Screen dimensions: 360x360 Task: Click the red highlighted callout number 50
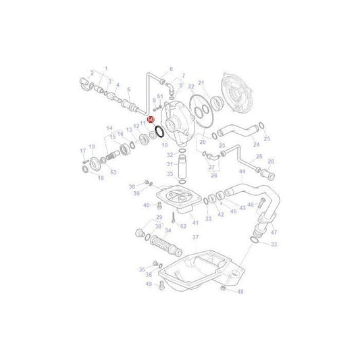point(151,119)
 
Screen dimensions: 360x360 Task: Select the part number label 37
point(196,237)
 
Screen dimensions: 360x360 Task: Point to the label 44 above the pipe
point(241,172)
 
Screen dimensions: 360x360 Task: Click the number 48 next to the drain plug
point(240,292)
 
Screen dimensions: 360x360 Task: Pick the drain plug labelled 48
point(223,288)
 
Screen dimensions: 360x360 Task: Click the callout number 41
point(195,222)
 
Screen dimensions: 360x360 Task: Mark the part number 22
point(191,86)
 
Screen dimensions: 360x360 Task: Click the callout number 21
point(201,82)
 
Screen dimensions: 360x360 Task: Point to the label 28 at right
point(271,162)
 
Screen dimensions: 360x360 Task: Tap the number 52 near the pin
point(183,226)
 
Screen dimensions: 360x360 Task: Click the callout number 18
point(101,178)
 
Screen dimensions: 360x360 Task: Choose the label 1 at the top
point(105,69)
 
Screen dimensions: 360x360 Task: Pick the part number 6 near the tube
point(171,69)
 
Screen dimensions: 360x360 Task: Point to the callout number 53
point(113,172)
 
